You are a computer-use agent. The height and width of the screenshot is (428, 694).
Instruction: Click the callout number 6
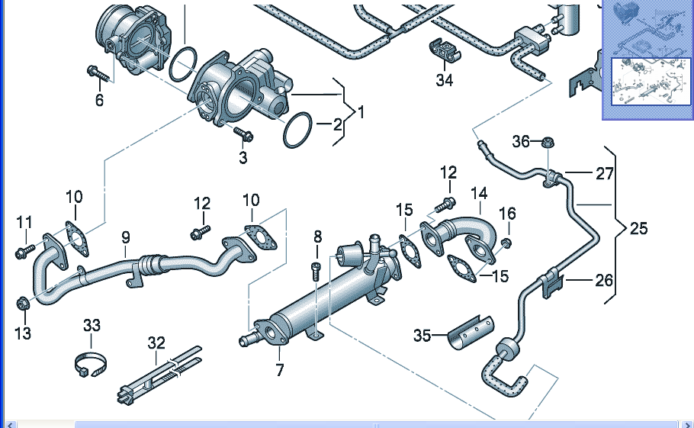(99, 99)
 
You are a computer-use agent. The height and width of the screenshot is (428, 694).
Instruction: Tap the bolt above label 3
(243, 135)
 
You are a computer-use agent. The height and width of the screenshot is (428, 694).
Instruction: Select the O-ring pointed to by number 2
(298, 130)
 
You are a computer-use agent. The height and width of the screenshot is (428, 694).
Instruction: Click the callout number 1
(361, 112)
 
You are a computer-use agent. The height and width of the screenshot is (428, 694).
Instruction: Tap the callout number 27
(605, 173)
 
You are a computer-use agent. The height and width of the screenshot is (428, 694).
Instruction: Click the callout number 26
(604, 280)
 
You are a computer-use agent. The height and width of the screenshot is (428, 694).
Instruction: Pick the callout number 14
(478, 193)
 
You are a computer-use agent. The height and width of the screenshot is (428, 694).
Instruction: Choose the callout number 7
(280, 371)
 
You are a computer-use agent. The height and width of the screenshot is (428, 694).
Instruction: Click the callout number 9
(126, 237)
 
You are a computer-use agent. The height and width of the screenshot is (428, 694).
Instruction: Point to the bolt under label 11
(21, 250)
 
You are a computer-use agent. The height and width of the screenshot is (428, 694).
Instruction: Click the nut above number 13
(23, 303)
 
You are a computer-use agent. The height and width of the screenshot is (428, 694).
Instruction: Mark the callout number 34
(445, 79)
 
